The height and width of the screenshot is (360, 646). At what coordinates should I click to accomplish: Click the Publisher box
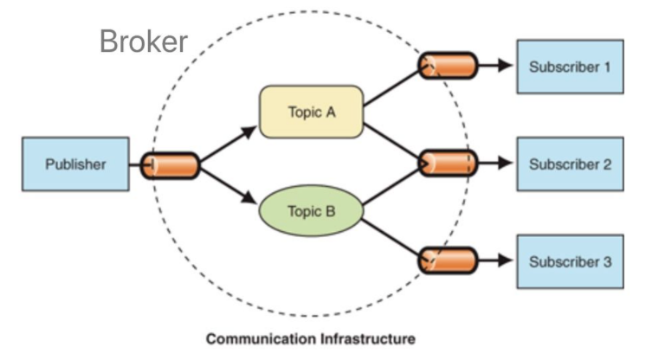click(75, 164)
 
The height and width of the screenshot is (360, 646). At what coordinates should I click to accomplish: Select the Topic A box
click(311, 112)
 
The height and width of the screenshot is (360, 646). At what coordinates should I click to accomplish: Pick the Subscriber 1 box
click(570, 67)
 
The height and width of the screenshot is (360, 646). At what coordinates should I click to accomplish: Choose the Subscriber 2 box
click(570, 164)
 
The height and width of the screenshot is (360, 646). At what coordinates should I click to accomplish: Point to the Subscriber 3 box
click(570, 260)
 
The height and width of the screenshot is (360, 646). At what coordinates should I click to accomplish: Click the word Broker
click(143, 41)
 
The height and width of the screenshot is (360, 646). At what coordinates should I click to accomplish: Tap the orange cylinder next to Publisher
click(170, 164)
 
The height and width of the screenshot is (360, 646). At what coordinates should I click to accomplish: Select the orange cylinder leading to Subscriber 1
click(448, 67)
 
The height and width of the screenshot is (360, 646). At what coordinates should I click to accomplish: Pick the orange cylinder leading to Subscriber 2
click(448, 163)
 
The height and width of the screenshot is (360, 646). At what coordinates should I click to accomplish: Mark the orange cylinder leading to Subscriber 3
click(448, 260)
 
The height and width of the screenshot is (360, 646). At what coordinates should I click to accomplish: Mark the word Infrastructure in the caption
click(369, 338)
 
